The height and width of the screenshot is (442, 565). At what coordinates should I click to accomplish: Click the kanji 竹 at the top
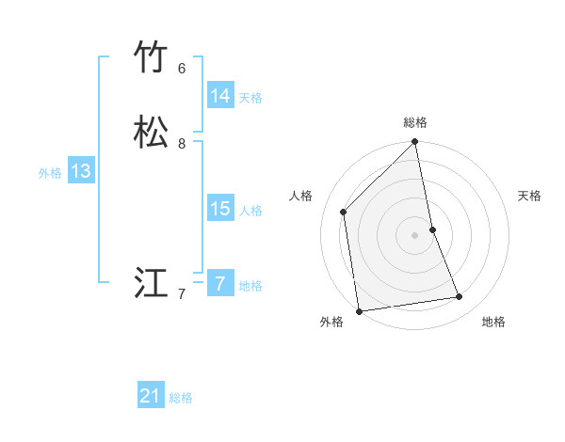pyautogui.click(x=151, y=57)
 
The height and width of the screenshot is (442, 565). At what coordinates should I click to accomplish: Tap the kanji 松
pyautogui.click(x=151, y=133)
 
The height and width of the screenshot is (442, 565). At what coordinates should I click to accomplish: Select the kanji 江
pyautogui.click(x=151, y=283)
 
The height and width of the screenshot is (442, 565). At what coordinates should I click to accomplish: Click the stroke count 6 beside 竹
pyautogui.click(x=182, y=69)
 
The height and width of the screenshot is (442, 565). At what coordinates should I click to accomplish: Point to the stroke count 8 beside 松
pyautogui.click(x=182, y=144)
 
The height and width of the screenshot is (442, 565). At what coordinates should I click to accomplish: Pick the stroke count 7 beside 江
pyautogui.click(x=182, y=294)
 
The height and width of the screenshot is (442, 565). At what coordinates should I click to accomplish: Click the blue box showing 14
pyautogui.click(x=220, y=95)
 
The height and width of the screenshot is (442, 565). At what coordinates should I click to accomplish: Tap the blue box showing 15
pyautogui.click(x=220, y=209)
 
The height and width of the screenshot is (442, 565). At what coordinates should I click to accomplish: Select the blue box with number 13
pyautogui.click(x=81, y=171)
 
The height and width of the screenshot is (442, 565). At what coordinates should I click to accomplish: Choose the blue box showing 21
pyautogui.click(x=151, y=396)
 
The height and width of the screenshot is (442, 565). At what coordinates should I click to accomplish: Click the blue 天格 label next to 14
pyautogui.click(x=250, y=97)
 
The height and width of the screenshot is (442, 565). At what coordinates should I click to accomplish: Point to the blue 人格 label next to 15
pyautogui.click(x=250, y=211)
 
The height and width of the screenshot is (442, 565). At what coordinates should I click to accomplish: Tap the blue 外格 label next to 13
pyautogui.click(x=50, y=173)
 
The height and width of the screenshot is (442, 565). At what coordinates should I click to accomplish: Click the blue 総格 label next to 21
pyautogui.click(x=181, y=398)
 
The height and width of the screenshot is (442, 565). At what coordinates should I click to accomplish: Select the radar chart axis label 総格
pyautogui.click(x=415, y=122)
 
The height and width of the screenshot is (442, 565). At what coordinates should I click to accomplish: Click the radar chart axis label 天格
pyautogui.click(x=530, y=196)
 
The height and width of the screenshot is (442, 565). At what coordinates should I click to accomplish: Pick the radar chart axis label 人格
pyautogui.click(x=300, y=196)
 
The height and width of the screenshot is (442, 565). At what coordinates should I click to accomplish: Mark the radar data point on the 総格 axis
pyautogui.click(x=415, y=143)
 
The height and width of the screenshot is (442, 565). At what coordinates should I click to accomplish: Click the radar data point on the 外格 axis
pyautogui.click(x=359, y=310)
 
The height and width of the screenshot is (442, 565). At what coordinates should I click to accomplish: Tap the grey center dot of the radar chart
pyautogui.click(x=415, y=234)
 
